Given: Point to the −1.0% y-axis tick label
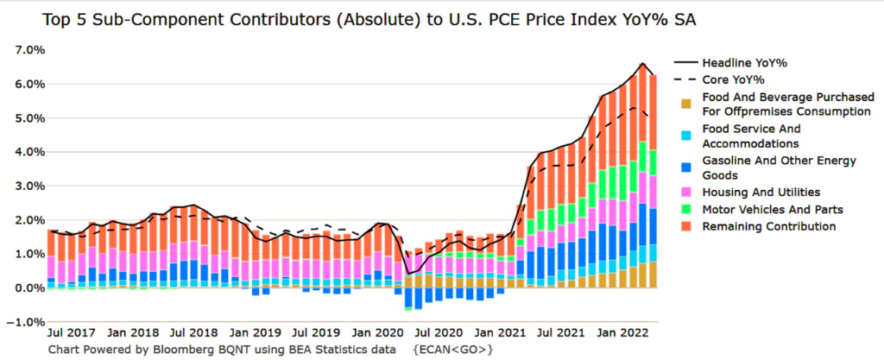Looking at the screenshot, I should click(x=26, y=322).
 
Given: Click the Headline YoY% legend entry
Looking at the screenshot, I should click(x=744, y=63).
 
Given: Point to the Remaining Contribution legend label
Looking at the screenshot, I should click(x=769, y=226).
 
